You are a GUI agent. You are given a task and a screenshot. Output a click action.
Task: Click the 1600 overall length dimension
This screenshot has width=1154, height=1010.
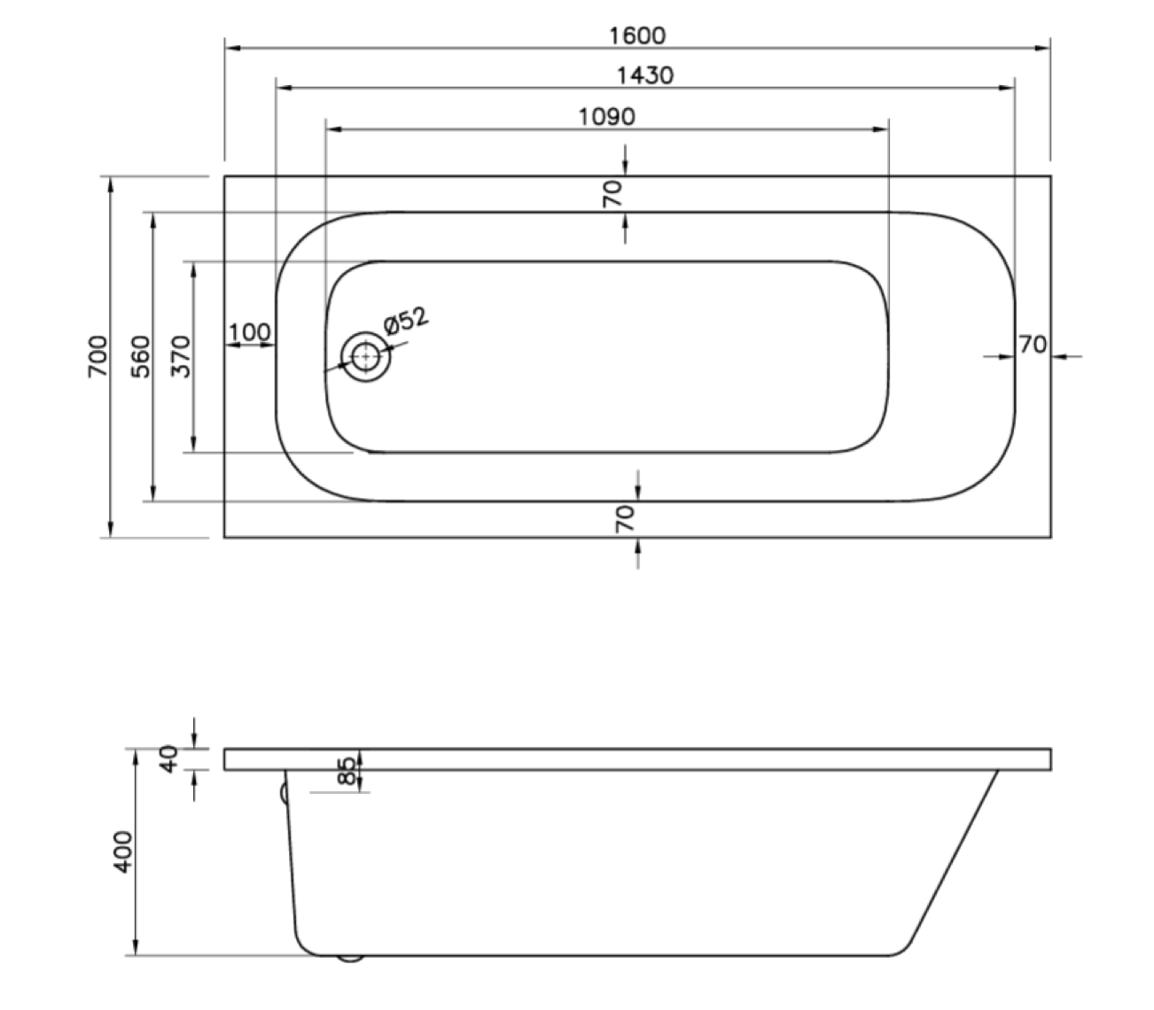[x=636, y=35]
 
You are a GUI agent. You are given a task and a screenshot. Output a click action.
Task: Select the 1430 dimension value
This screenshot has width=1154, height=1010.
[x=644, y=75]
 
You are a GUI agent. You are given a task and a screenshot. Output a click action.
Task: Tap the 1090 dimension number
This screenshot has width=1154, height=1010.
[x=606, y=116]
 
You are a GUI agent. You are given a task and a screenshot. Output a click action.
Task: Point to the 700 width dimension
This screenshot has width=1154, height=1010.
[x=97, y=356]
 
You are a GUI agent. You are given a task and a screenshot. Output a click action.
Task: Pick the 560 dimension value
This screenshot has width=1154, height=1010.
[x=141, y=356]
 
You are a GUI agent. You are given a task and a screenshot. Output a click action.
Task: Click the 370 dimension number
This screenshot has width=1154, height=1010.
[x=182, y=356]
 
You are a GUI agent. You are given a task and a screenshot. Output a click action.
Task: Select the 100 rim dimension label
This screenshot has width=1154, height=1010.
[x=249, y=332]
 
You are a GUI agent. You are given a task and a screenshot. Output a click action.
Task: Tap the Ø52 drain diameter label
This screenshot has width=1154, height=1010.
[x=406, y=321]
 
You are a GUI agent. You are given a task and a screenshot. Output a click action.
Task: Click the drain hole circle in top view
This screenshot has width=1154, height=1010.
[x=364, y=357]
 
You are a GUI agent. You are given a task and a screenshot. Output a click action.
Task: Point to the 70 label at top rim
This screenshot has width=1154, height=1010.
[x=614, y=193]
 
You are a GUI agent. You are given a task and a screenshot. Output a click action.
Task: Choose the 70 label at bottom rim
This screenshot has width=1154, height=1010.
[x=625, y=518]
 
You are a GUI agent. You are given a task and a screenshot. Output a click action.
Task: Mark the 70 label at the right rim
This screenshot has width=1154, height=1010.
[x=1033, y=344]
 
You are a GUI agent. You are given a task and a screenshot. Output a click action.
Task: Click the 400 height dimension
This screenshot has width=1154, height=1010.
[x=123, y=851]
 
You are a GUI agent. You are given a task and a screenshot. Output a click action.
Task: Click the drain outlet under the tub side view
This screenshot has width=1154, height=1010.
[x=351, y=959]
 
